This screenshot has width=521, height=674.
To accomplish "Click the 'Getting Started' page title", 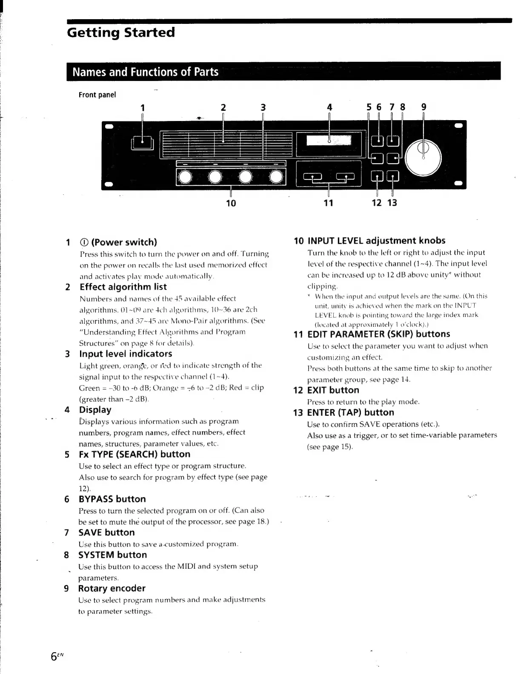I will point(121,33).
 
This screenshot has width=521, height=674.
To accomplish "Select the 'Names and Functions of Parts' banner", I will point(145,72).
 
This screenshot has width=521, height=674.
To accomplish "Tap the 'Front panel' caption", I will point(97,95).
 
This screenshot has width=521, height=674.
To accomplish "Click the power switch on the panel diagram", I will point(142,143).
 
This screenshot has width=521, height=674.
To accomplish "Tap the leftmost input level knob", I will point(186,177).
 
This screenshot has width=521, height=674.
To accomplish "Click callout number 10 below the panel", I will point(231,203).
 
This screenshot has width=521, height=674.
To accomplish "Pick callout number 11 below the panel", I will point(328,203).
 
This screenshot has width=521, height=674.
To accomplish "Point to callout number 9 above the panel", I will point(424,107).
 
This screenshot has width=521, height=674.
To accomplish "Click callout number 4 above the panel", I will point(329,107).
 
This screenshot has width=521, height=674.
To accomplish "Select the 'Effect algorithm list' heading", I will point(123,287).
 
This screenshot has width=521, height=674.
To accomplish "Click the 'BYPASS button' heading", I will point(112,499).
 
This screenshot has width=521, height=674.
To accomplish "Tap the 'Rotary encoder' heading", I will point(112,588).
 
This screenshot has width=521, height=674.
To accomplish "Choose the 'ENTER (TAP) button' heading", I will point(350,412).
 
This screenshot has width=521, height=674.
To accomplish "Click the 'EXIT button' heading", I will point(333,390).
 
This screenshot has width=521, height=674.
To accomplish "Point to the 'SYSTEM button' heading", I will point(112,555).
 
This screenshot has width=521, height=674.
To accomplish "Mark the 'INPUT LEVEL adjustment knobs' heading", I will point(376,241).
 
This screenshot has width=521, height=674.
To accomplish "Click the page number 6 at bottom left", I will point(54,657).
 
